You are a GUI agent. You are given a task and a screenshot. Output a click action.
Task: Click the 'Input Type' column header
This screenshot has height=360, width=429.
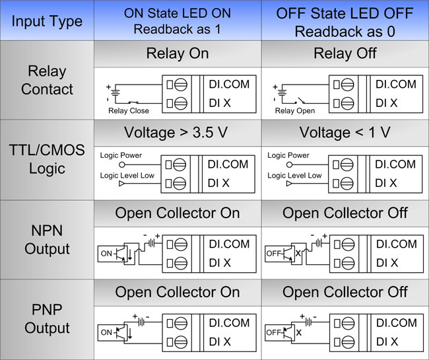(47, 22)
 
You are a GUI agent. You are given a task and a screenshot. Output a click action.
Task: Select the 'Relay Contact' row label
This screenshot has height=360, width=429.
(47, 80)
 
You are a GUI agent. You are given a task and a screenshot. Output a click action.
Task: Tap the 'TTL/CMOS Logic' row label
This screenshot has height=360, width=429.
(47, 159)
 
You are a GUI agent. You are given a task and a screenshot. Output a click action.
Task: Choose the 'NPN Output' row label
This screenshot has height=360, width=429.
(47, 240)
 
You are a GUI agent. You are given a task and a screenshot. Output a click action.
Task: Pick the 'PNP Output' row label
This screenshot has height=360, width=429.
(47, 318)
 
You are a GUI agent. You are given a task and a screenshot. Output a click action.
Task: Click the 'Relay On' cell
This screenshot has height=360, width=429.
(178, 54)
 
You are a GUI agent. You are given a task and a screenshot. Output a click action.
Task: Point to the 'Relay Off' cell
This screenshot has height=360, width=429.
(345, 54)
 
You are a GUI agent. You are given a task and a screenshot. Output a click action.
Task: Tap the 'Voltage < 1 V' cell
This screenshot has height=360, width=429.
(345, 133)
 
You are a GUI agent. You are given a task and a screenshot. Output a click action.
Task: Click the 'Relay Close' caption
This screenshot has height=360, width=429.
(129, 110)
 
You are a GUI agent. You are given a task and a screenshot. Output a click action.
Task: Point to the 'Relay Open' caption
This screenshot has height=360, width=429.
(295, 110)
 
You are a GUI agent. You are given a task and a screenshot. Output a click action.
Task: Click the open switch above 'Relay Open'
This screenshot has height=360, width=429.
(300, 101)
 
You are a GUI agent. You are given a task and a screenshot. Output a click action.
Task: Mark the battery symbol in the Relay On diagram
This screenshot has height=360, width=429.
(115, 92)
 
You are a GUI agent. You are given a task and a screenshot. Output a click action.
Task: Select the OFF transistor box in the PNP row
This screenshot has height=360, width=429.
(280, 333)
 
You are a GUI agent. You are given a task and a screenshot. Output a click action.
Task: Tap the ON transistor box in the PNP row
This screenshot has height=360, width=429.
(113, 333)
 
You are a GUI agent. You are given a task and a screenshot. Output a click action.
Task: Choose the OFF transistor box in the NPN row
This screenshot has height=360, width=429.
(280, 254)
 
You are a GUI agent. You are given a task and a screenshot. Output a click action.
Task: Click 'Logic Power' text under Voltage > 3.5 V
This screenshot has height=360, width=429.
(121, 155)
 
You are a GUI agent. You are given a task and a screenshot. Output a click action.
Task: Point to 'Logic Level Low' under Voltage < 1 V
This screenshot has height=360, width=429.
(294, 176)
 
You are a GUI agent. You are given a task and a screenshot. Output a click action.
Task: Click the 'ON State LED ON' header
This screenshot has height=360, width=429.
(178, 13)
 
